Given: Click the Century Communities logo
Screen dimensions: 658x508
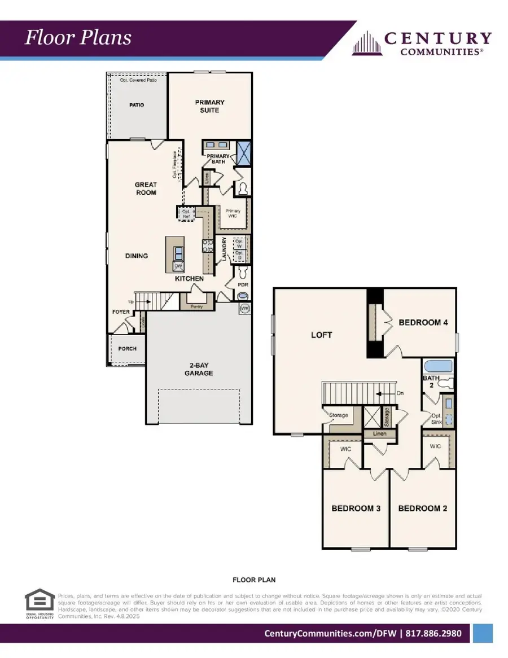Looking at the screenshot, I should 422,43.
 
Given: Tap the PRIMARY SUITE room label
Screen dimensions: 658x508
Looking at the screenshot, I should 209,106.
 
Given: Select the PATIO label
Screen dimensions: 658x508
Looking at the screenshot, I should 136,105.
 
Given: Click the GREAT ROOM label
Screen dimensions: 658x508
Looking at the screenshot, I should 146,188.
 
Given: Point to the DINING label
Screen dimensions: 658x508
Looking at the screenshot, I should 137,256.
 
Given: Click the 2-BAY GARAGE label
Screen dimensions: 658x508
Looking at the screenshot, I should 198,369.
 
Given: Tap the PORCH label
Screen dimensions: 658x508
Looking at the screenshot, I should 128,349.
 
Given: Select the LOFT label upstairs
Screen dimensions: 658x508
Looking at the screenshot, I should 322,335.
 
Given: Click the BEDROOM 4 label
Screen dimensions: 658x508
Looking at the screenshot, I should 423,323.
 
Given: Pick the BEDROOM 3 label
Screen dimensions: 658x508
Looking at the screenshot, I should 356,508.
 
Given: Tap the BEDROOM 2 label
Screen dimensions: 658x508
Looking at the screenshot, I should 423,508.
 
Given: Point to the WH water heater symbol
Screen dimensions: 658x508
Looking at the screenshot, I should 245,309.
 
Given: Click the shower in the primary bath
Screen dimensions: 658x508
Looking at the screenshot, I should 244,152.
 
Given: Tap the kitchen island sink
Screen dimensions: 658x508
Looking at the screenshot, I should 178,251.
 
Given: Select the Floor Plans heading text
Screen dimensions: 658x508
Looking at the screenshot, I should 78,37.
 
